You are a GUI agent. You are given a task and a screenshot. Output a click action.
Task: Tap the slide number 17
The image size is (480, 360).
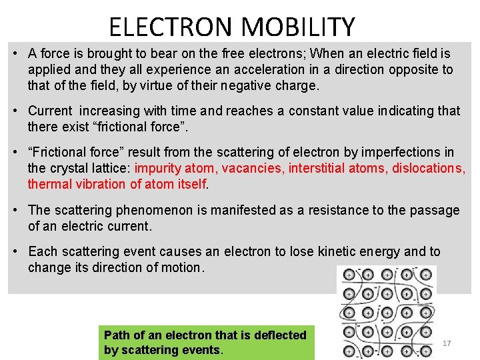click(x=447, y=343)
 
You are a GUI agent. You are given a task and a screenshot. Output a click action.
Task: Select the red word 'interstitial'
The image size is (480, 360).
click(x=318, y=168)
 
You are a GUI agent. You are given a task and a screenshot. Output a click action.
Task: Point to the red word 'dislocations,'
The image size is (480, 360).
click(x=429, y=168)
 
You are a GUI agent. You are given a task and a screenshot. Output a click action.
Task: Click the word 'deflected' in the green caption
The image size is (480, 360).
click(x=281, y=335)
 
